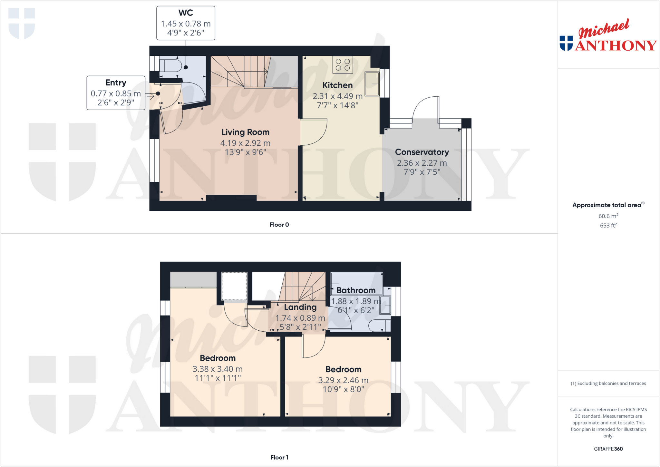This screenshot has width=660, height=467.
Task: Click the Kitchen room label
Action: tap(337, 85)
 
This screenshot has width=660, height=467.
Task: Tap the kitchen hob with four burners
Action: tap(343, 64)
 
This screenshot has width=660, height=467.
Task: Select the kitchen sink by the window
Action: tap(372, 84)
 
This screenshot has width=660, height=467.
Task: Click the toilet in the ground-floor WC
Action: tap(171, 66)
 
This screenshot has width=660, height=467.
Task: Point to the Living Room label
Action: tap(245, 132)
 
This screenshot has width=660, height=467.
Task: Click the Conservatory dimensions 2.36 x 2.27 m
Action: tap(422, 163)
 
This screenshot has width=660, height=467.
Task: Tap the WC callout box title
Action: tap(186, 13)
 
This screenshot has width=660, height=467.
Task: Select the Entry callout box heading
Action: tap(116, 83)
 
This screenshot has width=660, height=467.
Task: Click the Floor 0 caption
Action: tap(279, 225)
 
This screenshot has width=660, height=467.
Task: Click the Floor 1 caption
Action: tap(279, 457)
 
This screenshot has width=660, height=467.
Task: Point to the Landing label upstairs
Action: tap(300, 307)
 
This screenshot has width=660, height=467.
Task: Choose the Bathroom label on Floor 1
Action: tap(356, 290)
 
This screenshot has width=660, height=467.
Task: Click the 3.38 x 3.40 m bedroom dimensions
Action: tap(218, 369)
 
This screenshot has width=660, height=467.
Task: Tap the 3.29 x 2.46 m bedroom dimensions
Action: tap(343, 380)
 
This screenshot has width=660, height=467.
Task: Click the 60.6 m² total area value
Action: tap(608, 216)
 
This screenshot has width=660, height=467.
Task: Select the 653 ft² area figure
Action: tap(608, 226)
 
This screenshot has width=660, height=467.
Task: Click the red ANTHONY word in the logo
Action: tap(616, 45)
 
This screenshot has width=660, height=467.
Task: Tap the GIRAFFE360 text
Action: tap(608, 449)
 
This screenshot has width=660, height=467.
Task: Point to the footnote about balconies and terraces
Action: tap(608, 384)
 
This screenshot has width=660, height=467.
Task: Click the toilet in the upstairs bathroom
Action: tap(379, 326)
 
